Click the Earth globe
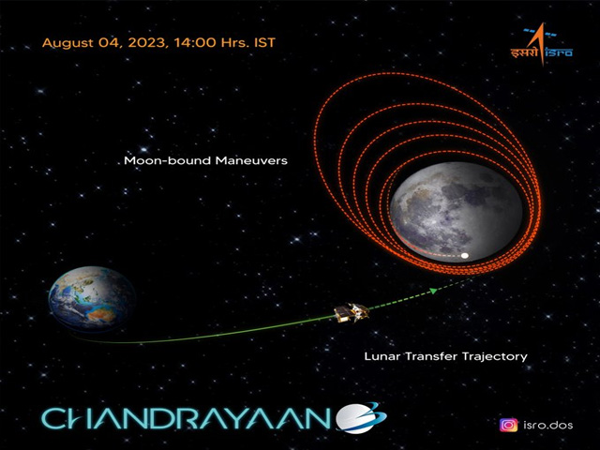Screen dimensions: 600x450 point(92,299)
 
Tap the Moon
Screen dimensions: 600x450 point(457,212)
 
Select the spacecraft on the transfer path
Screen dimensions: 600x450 point(352,312)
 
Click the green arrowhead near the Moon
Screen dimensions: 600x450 point(433,291)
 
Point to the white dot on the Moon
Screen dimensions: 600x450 point(465,256)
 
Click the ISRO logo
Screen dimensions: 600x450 point(542,44)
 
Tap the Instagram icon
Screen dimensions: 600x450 point(508,425)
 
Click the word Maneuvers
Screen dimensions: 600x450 point(251,160)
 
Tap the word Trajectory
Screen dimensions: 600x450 point(495,357)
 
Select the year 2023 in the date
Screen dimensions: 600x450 point(147,42)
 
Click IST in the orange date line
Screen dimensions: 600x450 point(264,42)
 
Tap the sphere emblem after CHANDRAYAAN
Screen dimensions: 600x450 point(361,418)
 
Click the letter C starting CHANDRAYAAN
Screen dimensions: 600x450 point(53,419)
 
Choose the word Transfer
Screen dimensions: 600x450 point(431,356)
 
